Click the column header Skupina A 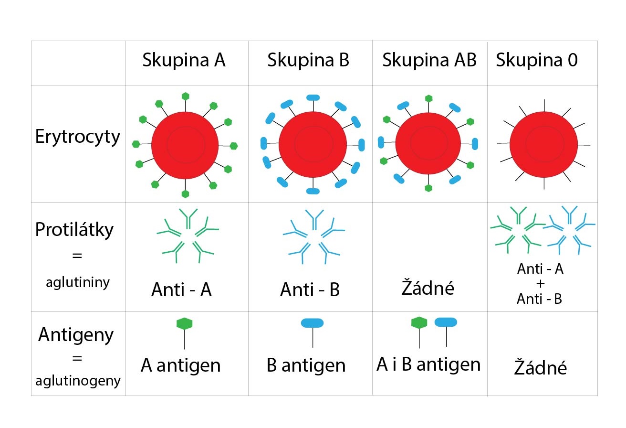coord(184,60)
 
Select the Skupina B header coord(308,60)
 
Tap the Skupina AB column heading coord(429,60)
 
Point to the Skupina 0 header coord(537,60)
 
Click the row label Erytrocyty coord(78,137)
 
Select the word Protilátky coord(74,229)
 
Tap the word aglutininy coord(78,282)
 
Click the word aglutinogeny coord(78,381)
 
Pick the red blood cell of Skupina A coord(185,145)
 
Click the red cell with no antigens coord(544,145)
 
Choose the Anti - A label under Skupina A coord(181,289)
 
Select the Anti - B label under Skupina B coord(310,289)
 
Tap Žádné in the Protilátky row coord(428,287)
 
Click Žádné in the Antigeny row coord(541,366)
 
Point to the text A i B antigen coord(428,364)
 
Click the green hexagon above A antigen coord(185,323)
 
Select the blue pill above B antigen coord(312,323)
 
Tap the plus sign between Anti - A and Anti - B coord(541,284)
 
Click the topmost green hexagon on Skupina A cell coord(185,96)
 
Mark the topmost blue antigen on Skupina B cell coord(313,97)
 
